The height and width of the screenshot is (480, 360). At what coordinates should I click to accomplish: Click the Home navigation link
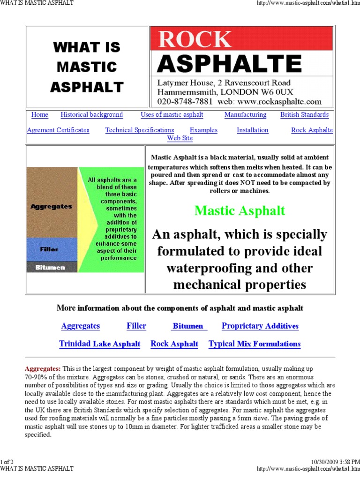(x=39, y=115)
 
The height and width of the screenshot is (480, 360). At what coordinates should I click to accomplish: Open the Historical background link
(x=91, y=115)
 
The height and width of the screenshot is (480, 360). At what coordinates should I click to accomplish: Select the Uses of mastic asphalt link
(x=172, y=115)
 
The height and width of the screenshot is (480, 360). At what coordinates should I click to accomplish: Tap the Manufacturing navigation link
(x=245, y=115)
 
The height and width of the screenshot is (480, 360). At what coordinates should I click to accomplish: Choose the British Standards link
(x=304, y=115)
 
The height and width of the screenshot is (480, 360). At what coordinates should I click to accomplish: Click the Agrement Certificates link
(x=58, y=130)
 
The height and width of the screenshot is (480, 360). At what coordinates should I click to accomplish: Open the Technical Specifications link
(x=140, y=130)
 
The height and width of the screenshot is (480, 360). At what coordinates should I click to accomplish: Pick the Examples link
(x=203, y=130)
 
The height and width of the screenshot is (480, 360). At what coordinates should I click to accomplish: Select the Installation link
(x=252, y=130)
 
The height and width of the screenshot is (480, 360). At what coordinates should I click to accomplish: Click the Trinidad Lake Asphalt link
(x=99, y=344)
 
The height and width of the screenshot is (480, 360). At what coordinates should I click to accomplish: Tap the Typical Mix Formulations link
(x=255, y=344)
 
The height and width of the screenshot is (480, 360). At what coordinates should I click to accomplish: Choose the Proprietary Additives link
(x=260, y=326)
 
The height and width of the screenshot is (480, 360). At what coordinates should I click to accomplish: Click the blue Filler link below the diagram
(x=136, y=326)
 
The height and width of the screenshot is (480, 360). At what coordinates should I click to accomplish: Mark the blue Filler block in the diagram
(x=52, y=249)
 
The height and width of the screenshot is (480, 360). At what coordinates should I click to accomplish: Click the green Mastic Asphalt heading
(x=240, y=211)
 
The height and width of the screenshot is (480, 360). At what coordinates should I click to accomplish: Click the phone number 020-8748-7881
(x=185, y=101)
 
